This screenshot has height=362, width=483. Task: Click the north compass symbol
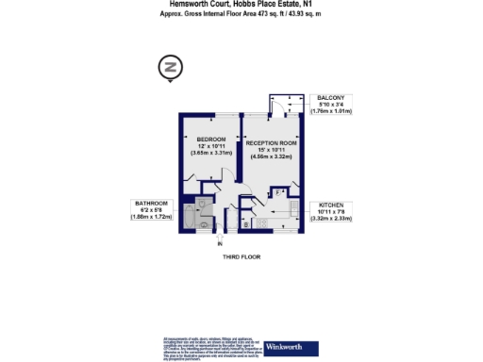171,68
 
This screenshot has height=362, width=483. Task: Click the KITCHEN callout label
330,205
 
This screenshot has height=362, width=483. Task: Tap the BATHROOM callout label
150,204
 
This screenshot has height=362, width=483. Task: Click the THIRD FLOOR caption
241,256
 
